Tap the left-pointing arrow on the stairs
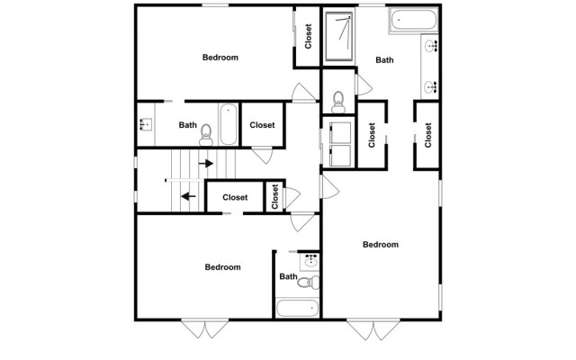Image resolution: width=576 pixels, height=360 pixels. (188, 193)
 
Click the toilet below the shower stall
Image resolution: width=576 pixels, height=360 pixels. (338, 97)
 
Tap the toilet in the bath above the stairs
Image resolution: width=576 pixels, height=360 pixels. (206, 133)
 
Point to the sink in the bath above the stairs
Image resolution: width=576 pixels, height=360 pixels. (145, 125)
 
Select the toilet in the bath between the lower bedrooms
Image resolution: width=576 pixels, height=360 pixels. (306, 282)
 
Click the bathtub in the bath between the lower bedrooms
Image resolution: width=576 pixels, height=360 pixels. (298, 309)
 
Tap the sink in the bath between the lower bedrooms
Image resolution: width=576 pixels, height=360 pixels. (310, 260)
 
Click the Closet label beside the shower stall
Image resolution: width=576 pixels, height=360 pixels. (308, 37)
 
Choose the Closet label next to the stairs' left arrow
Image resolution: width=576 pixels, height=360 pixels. (235, 197)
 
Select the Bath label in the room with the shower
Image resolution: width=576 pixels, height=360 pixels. (384, 60)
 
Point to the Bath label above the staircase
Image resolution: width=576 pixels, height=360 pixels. (187, 125)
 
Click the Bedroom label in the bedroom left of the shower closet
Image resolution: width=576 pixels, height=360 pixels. (220, 58)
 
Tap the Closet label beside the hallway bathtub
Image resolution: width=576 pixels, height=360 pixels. (262, 125)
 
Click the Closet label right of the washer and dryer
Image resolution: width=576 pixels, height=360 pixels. (373, 134)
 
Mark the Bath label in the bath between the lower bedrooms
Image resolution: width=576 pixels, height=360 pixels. (287, 277)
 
